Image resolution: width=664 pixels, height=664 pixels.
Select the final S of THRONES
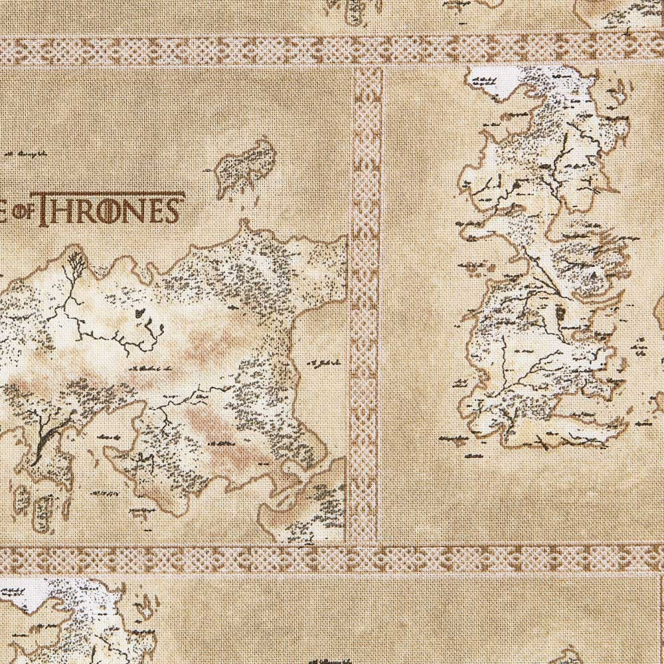[171, 208]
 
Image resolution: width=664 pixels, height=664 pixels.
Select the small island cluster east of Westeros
[642, 345]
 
